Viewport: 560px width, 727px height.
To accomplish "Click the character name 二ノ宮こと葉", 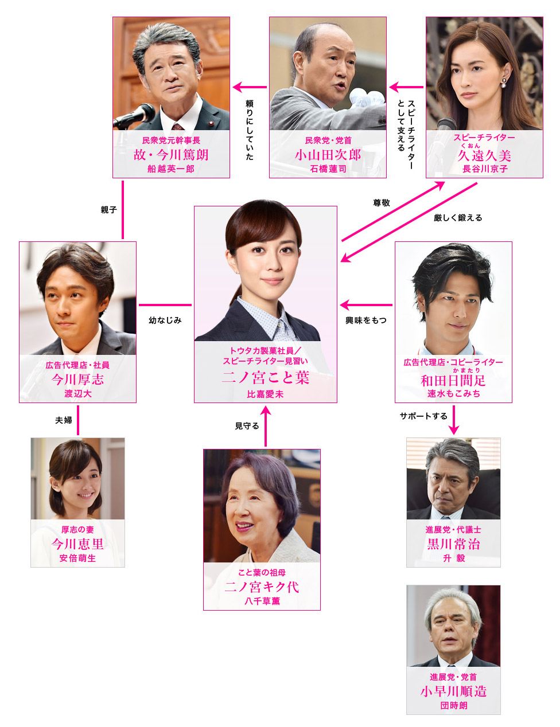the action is click(x=265, y=378).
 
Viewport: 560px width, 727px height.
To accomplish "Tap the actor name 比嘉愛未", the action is click(x=265, y=394).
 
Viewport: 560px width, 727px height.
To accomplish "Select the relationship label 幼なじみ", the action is click(x=165, y=320).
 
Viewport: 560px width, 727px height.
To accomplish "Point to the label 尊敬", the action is click(x=382, y=203).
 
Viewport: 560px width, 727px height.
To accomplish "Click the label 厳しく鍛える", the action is click(x=458, y=218).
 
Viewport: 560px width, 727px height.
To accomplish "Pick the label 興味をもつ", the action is click(x=366, y=320).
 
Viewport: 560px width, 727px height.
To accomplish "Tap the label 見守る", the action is click(x=247, y=426).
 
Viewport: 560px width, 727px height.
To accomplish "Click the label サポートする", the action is click(x=423, y=416).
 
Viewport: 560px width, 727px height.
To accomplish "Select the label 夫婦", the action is click(x=64, y=420).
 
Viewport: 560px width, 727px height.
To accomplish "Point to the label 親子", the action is click(x=109, y=210).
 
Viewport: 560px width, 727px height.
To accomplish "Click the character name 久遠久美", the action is click(x=484, y=156).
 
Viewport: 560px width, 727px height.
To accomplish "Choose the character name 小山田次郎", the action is click(x=328, y=155).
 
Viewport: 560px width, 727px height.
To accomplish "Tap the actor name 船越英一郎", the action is click(x=171, y=169).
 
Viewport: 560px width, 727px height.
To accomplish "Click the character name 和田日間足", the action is click(x=453, y=381).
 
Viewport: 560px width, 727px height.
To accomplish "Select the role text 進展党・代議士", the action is click(x=453, y=530).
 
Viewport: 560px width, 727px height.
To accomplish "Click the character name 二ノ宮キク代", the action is click(x=262, y=587).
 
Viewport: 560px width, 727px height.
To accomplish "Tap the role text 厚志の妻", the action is click(x=77, y=530).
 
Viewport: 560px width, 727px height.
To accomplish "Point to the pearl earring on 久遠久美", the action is click(x=503, y=82).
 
